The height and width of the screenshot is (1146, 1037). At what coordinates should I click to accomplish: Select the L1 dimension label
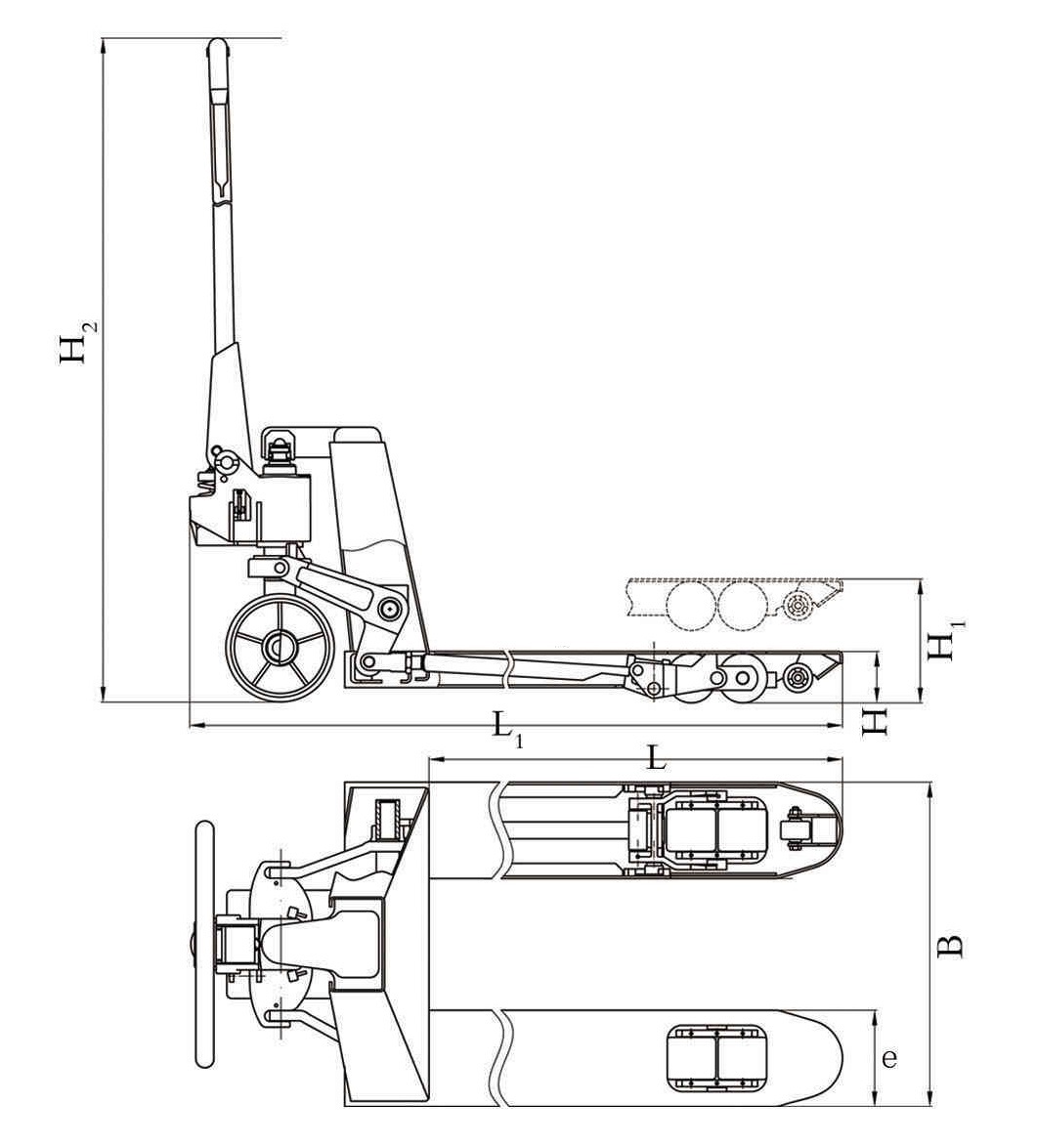click(x=507, y=731)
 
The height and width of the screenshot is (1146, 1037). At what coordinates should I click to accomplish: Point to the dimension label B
click(x=950, y=946)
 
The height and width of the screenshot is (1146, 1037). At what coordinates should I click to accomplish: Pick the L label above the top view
click(x=657, y=757)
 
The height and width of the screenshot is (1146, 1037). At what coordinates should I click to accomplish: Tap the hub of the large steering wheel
click(x=279, y=648)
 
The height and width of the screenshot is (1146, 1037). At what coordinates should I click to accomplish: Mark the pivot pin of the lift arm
click(x=390, y=608)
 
